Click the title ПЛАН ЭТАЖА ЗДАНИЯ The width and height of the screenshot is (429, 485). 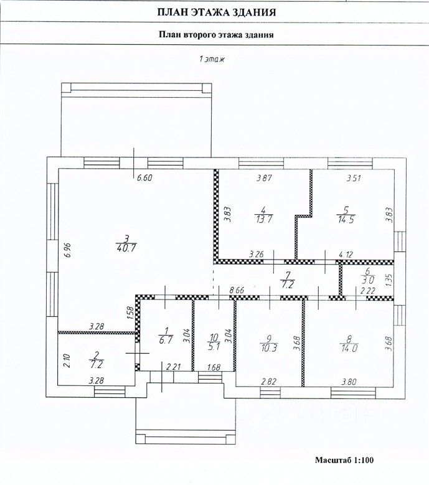(217, 12)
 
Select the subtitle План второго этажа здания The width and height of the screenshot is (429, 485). (216, 34)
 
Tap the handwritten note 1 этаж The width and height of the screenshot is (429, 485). (212, 59)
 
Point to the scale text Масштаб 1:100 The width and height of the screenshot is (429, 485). (344, 460)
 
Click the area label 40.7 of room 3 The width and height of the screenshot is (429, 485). (126, 248)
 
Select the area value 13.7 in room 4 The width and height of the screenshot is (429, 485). (264, 219)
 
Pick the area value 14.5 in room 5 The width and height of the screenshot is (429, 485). (346, 219)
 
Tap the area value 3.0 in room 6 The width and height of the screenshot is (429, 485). (368, 280)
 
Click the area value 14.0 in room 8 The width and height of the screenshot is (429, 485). (349, 348)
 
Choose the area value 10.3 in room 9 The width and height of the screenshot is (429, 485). (268, 348)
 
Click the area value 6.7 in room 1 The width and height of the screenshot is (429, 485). (166, 341)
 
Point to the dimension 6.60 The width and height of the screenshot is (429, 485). (144, 178)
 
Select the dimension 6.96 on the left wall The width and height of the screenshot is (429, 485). (68, 250)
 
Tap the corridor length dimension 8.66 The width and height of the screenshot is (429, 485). (237, 291)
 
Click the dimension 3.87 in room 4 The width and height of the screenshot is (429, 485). (265, 178)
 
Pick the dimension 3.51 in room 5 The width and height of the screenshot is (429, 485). (354, 178)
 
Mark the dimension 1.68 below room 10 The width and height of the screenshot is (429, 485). (214, 367)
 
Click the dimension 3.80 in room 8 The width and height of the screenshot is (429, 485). (349, 382)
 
